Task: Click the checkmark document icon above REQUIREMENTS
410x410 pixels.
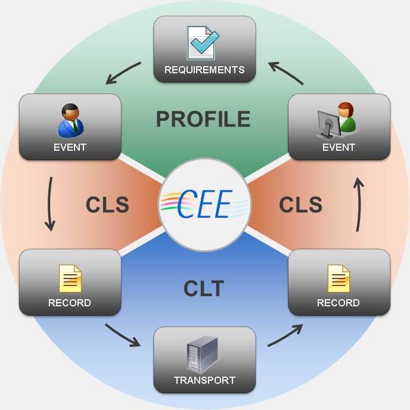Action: coord(203,42)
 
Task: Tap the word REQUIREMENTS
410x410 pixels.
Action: coord(204,70)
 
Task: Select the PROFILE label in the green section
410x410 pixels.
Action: coord(203,119)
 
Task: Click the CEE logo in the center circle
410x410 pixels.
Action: coord(204,204)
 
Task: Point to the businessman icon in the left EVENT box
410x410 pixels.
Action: coord(71,120)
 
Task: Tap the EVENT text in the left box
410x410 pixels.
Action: coord(70,147)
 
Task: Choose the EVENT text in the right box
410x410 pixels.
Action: coord(338,147)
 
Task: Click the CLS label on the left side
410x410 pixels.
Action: coord(107,204)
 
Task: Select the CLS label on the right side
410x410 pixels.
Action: coord(301,204)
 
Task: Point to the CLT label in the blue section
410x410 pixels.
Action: coord(204,289)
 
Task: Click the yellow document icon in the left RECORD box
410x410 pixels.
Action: coord(70,278)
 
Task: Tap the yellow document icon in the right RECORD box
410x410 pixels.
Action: coord(338,278)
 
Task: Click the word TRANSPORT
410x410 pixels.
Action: coord(204,380)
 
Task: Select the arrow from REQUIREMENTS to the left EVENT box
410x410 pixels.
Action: coord(124,72)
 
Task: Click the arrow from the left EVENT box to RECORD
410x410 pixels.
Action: coord(50,203)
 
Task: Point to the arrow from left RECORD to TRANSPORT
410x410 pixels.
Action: coord(123,335)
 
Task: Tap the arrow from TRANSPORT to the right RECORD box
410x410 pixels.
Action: coord(285,335)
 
